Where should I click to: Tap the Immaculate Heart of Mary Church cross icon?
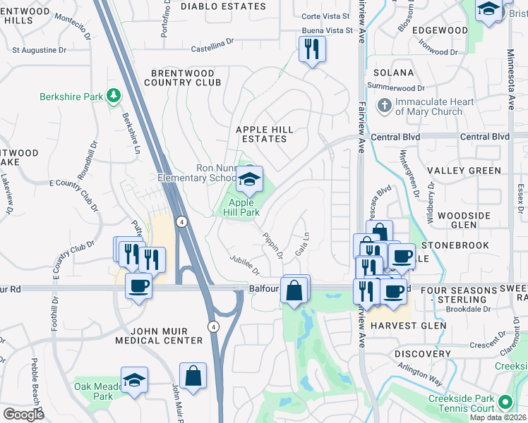(x=384, y=106)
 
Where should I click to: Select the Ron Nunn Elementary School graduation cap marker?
(x=249, y=180)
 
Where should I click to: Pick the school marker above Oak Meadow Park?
(x=133, y=381)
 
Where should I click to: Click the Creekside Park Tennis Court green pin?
(x=504, y=402)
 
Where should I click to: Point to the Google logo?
(x=23, y=414)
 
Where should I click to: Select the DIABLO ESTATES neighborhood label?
(x=223, y=6)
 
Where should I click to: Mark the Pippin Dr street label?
(x=272, y=244)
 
